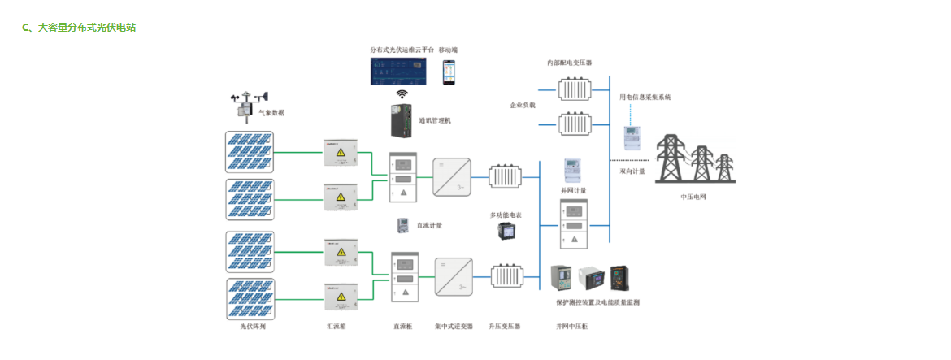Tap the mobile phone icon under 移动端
click(x=449, y=72)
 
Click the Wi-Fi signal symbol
click(x=402, y=94)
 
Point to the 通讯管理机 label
click(x=435, y=120)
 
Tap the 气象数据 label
click(x=271, y=113)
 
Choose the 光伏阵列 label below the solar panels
click(x=252, y=326)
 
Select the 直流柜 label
click(x=402, y=326)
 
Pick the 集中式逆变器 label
click(x=454, y=326)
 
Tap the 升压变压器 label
click(x=505, y=326)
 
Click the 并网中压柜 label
click(x=572, y=326)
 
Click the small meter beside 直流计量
click(x=402, y=225)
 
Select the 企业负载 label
click(x=523, y=105)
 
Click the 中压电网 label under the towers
click(x=693, y=197)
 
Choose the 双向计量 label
click(x=632, y=171)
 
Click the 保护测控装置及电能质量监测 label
click(x=597, y=301)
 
